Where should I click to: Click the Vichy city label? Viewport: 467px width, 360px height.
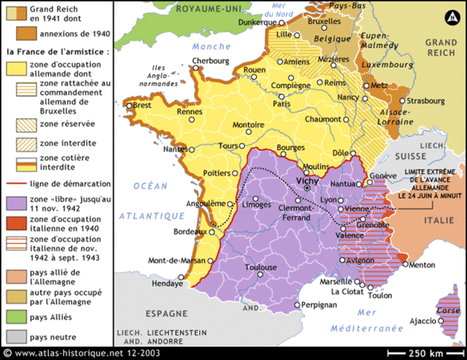click(308, 181)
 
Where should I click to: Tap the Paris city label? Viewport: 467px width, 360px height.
click(282, 103)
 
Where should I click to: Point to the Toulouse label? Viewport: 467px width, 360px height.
click(261, 267)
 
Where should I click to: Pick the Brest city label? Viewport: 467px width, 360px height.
click(142, 106)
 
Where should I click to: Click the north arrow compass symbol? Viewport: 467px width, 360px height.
click(452, 16)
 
